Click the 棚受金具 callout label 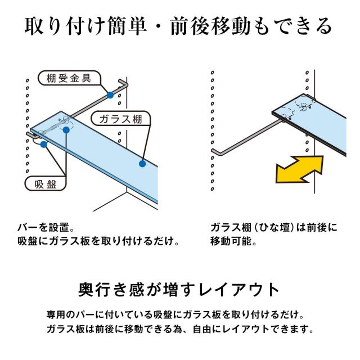[69, 78]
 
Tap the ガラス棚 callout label [121, 119]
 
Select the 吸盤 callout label [45, 184]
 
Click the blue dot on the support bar [110, 95]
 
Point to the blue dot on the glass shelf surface [142, 164]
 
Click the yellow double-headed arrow [300, 169]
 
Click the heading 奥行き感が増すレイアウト [179, 290]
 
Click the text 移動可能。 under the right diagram [233, 241]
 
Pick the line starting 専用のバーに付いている [175, 314]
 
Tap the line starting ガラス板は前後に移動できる [180, 329]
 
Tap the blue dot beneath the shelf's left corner [44, 145]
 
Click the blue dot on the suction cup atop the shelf [66, 130]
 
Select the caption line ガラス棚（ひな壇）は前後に [274, 227]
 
